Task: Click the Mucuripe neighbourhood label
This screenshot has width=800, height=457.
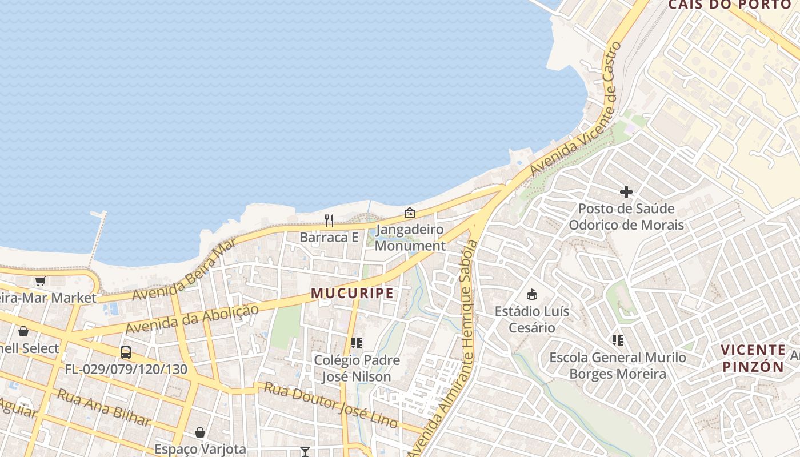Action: point(352,294)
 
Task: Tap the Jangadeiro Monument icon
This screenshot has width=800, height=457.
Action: point(410,213)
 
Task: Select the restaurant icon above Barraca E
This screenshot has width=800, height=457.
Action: point(329,221)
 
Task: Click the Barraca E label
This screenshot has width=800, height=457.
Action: point(329,237)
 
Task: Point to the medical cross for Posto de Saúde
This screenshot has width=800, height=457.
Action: point(626,192)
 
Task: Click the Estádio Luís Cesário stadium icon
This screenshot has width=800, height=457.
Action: point(532,295)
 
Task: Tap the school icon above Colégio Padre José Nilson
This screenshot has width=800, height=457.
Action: point(357,343)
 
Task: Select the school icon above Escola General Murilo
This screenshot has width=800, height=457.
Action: point(618,341)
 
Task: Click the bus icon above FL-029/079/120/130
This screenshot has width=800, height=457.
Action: point(126,352)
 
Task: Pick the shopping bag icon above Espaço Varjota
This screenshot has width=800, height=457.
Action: point(200,432)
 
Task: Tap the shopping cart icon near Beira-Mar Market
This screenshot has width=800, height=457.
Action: point(40,281)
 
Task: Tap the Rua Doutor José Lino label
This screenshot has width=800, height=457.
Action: point(330,404)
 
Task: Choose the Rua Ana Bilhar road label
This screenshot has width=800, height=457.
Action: point(104,407)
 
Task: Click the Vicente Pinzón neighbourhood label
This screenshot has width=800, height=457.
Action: point(753,358)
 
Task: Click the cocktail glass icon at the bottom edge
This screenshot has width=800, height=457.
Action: point(305,452)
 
